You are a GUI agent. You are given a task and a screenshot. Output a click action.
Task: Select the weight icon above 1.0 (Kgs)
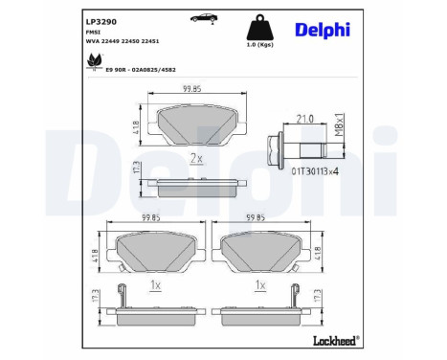[256, 26]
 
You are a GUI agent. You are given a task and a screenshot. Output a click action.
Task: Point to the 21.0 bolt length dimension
[304, 118]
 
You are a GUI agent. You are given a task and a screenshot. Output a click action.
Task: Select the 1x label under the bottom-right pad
[259, 284]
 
